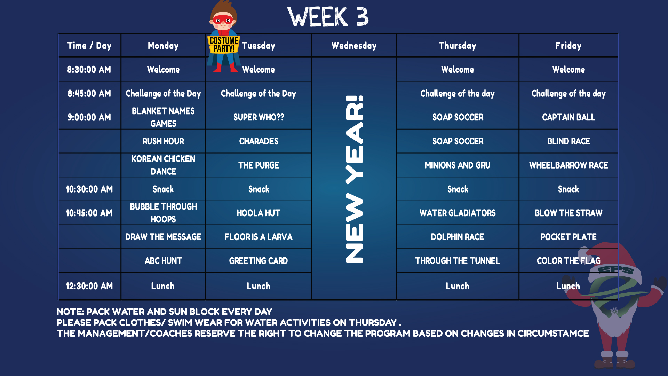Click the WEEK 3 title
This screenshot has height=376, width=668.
(x=328, y=17)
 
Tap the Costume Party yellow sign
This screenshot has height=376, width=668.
(x=224, y=45)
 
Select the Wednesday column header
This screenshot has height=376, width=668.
(x=354, y=46)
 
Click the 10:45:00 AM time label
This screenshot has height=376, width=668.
(x=89, y=213)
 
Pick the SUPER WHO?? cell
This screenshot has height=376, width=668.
(x=259, y=117)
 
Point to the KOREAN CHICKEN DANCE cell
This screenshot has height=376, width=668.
(x=163, y=165)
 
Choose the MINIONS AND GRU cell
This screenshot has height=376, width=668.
(x=458, y=165)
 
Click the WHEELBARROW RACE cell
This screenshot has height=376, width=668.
(x=568, y=165)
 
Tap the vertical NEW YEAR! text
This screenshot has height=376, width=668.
(x=354, y=179)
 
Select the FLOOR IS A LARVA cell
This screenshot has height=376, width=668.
(x=259, y=237)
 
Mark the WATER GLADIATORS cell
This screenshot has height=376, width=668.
(x=458, y=213)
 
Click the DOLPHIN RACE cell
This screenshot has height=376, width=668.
(x=458, y=237)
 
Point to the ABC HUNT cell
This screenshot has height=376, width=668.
(x=163, y=261)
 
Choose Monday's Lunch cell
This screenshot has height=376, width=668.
(x=163, y=286)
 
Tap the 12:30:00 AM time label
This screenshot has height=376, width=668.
(x=89, y=286)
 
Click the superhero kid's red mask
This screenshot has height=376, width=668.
(x=223, y=20)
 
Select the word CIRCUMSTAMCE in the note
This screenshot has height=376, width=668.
(x=553, y=334)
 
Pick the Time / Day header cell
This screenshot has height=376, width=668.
(x=89, y=46)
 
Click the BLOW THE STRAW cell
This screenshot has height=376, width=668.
(x=568, y=213)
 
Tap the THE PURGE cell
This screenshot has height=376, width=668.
(x=259, y=165)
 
